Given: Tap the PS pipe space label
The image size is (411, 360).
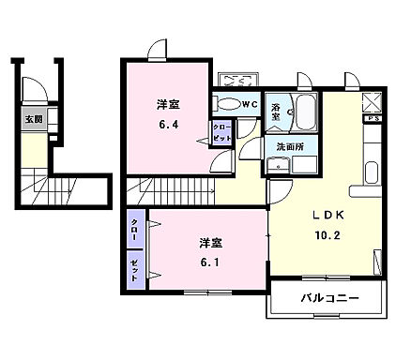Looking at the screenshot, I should [x=373, y=119].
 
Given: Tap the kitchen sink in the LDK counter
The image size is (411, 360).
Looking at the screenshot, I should [x=371, y=174].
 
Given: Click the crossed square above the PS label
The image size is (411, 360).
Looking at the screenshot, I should [x=373, y=104].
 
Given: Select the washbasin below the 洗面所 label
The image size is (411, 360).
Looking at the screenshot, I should [x=278, y=166].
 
